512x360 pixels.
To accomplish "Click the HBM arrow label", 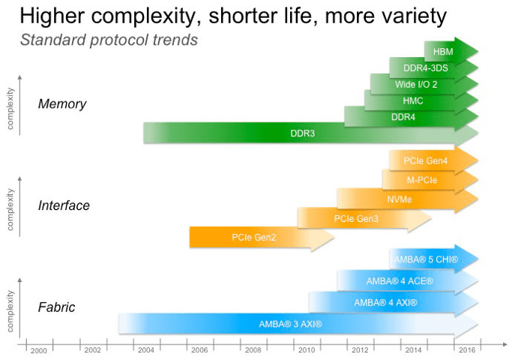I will tap(444, 50).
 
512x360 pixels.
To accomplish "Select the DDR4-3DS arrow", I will tap(422, 67).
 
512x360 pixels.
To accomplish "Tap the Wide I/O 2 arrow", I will tap(416, 84).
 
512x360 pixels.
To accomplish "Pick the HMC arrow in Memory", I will tap(413, 100).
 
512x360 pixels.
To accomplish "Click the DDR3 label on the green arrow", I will tap(302, 133).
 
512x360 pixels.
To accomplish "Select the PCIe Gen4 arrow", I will tap(425, 160).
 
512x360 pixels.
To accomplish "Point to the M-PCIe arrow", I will tap(422, 180).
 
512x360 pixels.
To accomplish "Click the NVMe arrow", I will tap(400, 199).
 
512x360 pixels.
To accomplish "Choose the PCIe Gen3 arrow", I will tap(356, 219).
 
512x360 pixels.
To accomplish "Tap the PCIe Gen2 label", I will tap(253, 238).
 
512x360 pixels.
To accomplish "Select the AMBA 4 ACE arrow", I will tap(400, 281).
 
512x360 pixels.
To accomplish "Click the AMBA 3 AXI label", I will tap(290, 324).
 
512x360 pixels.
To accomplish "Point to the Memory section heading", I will tap(62, 104).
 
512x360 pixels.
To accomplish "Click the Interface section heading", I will tap(64, 205).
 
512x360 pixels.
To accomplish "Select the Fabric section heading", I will tap(57, 307).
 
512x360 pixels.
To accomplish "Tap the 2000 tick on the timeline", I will tap(39, 350).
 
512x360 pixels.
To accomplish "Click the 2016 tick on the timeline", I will tap(466, 350).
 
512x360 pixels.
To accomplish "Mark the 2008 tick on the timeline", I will tap(253, 350).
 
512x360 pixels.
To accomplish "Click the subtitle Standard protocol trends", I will tap(109, 40).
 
